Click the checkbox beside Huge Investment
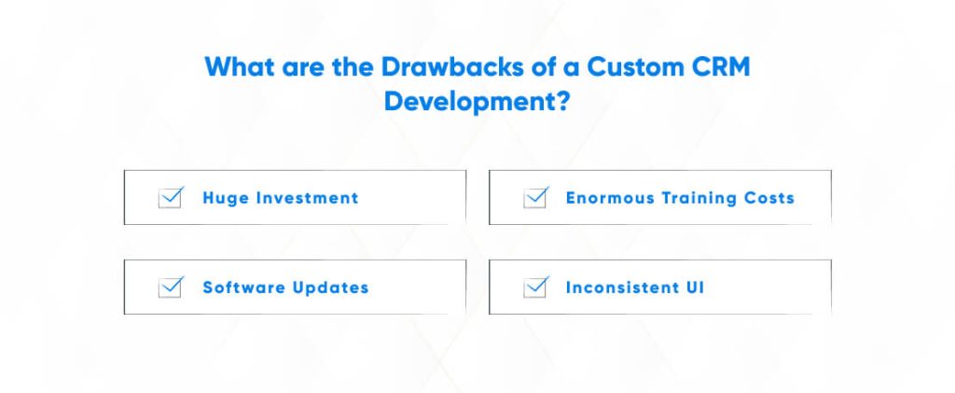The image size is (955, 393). click(170, 198)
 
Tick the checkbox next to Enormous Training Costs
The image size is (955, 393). click(534, 198)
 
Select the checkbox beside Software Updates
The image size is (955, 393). click(170, 288)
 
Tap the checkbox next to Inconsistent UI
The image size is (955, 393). click(534, 288)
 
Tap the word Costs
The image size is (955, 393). click(770, 198)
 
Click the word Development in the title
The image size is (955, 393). click(469, 101)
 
